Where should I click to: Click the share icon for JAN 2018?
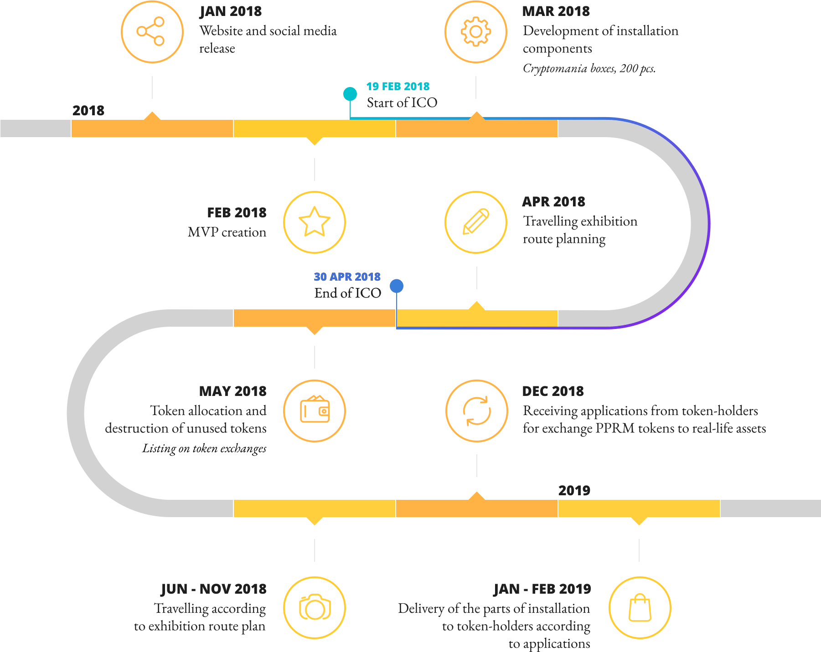point(152,31)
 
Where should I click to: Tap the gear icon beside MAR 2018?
point(476,31)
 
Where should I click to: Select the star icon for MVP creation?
point(315,222)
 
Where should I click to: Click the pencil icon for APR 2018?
point(476,222)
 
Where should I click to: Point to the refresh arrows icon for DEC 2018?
point(477,411)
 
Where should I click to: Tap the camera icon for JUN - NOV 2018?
point(315,608)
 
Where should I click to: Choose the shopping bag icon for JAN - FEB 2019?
point(640,608)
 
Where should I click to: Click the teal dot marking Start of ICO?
point(350,94)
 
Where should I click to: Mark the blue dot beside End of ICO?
point(397,286)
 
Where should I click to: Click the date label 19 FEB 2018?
point(398,86)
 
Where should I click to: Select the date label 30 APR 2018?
point(347,277)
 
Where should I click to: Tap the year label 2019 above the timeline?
point(574,490)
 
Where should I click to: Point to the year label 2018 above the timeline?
point(88,110)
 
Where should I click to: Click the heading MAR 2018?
point(556,11)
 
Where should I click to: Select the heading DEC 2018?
point(553,391)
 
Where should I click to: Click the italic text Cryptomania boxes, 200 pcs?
point(589,68)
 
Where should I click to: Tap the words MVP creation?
point(227,232)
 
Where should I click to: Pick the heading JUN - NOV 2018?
point(213,589)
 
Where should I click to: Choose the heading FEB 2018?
point(237,212)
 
